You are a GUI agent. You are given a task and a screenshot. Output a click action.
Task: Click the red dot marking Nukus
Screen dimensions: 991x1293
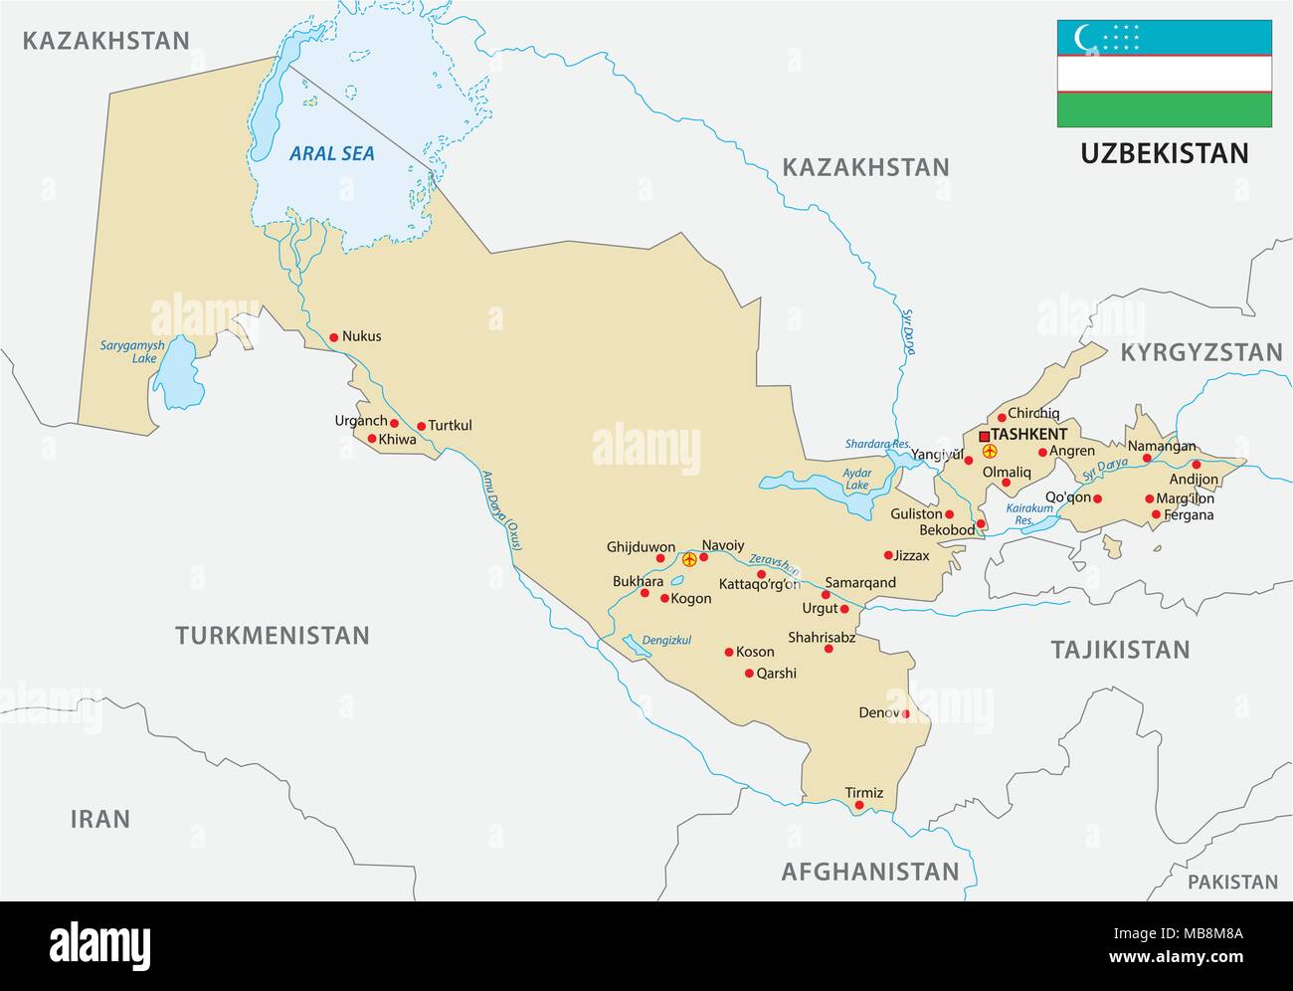tap(333, 336)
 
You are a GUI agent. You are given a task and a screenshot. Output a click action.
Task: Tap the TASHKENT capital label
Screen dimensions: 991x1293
tap(1028, 435)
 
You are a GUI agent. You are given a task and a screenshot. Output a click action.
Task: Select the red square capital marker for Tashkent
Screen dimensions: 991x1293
tap(984, 436)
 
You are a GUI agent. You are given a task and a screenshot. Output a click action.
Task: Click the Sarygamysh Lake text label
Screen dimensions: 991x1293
tap(131, 351)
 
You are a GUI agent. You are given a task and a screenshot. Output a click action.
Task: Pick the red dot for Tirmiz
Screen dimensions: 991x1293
tap(859, 805)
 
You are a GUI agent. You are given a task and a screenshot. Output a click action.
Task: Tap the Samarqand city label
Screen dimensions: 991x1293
tap(860, 582)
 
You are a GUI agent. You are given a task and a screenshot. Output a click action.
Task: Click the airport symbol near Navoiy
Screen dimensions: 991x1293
tap(690, 558)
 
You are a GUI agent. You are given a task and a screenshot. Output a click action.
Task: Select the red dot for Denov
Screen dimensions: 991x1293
tap(906, 713)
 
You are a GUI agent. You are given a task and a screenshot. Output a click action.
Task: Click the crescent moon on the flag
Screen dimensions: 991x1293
tap(1083, 38)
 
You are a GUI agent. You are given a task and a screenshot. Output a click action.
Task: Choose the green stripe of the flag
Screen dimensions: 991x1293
tap(1164, 109)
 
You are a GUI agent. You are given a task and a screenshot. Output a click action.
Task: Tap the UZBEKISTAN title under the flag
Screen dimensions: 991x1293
tap(1164, 153)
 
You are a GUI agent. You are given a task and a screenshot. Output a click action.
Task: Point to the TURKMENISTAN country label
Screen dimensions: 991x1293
tap(272, 635)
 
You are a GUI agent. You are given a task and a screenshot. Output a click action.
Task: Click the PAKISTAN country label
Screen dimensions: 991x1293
tap(1232, 882)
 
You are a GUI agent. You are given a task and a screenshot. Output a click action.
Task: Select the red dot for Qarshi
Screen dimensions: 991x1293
tap(749, 674)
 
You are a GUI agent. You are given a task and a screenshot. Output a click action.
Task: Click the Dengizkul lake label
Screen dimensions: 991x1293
tap(666, 640)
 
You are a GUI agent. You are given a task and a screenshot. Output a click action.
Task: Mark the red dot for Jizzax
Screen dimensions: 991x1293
tap(888, 555)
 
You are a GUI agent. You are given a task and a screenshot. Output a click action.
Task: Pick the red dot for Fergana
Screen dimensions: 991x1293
tap(1156, 514)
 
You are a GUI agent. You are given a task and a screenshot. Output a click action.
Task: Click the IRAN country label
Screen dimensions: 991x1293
tap(99, 819)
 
